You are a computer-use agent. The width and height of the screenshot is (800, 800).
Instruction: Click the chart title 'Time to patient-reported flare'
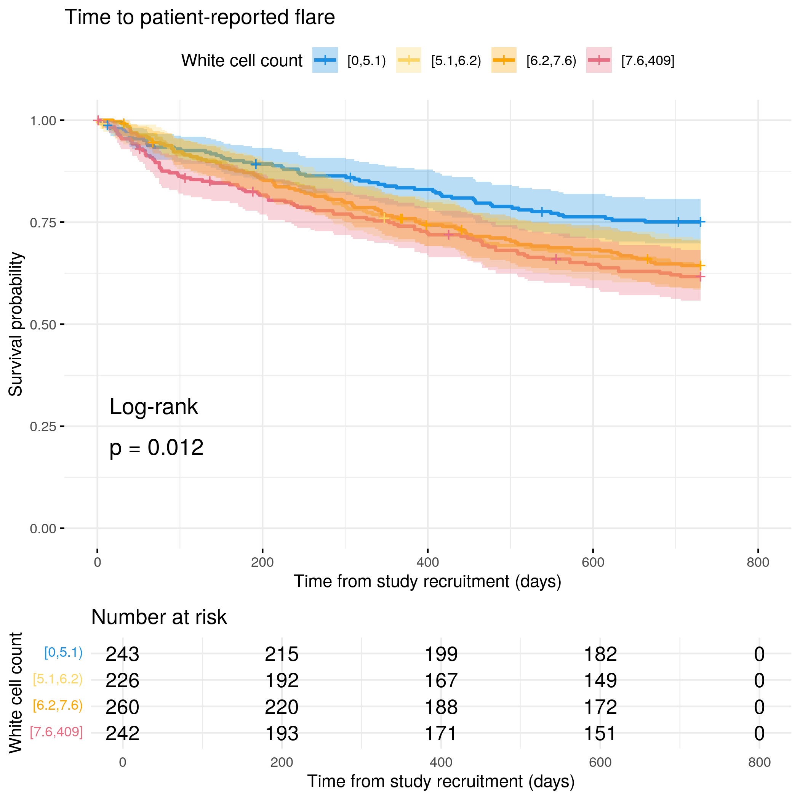click(200, 18)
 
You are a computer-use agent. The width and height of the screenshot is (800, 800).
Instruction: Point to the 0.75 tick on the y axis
click(62, 222)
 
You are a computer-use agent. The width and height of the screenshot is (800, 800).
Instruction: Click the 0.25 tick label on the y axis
click(43, 427)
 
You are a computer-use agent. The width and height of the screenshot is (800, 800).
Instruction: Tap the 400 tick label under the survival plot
click(427, 562)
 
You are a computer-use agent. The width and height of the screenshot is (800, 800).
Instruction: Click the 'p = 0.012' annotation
click(156, 448)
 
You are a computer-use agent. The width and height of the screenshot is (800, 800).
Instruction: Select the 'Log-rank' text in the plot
click(154, 406)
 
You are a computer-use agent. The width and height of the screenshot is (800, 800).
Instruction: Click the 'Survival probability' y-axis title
click(16, 324)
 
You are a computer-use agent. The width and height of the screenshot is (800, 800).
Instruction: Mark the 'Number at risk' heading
click(159, 617)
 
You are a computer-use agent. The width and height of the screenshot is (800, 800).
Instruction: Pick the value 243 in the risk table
click(122, 654)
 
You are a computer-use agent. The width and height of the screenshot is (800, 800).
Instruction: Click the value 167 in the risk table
click(441, 680)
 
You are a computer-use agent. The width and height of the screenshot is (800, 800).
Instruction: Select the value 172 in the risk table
click(600, 707)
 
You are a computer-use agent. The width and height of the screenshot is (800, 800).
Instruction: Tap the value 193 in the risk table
click(282, 733)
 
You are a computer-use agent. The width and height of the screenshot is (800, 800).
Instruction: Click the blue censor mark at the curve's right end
click(700, 222)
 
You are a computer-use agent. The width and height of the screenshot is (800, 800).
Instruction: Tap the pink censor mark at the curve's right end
click(700, 277)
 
